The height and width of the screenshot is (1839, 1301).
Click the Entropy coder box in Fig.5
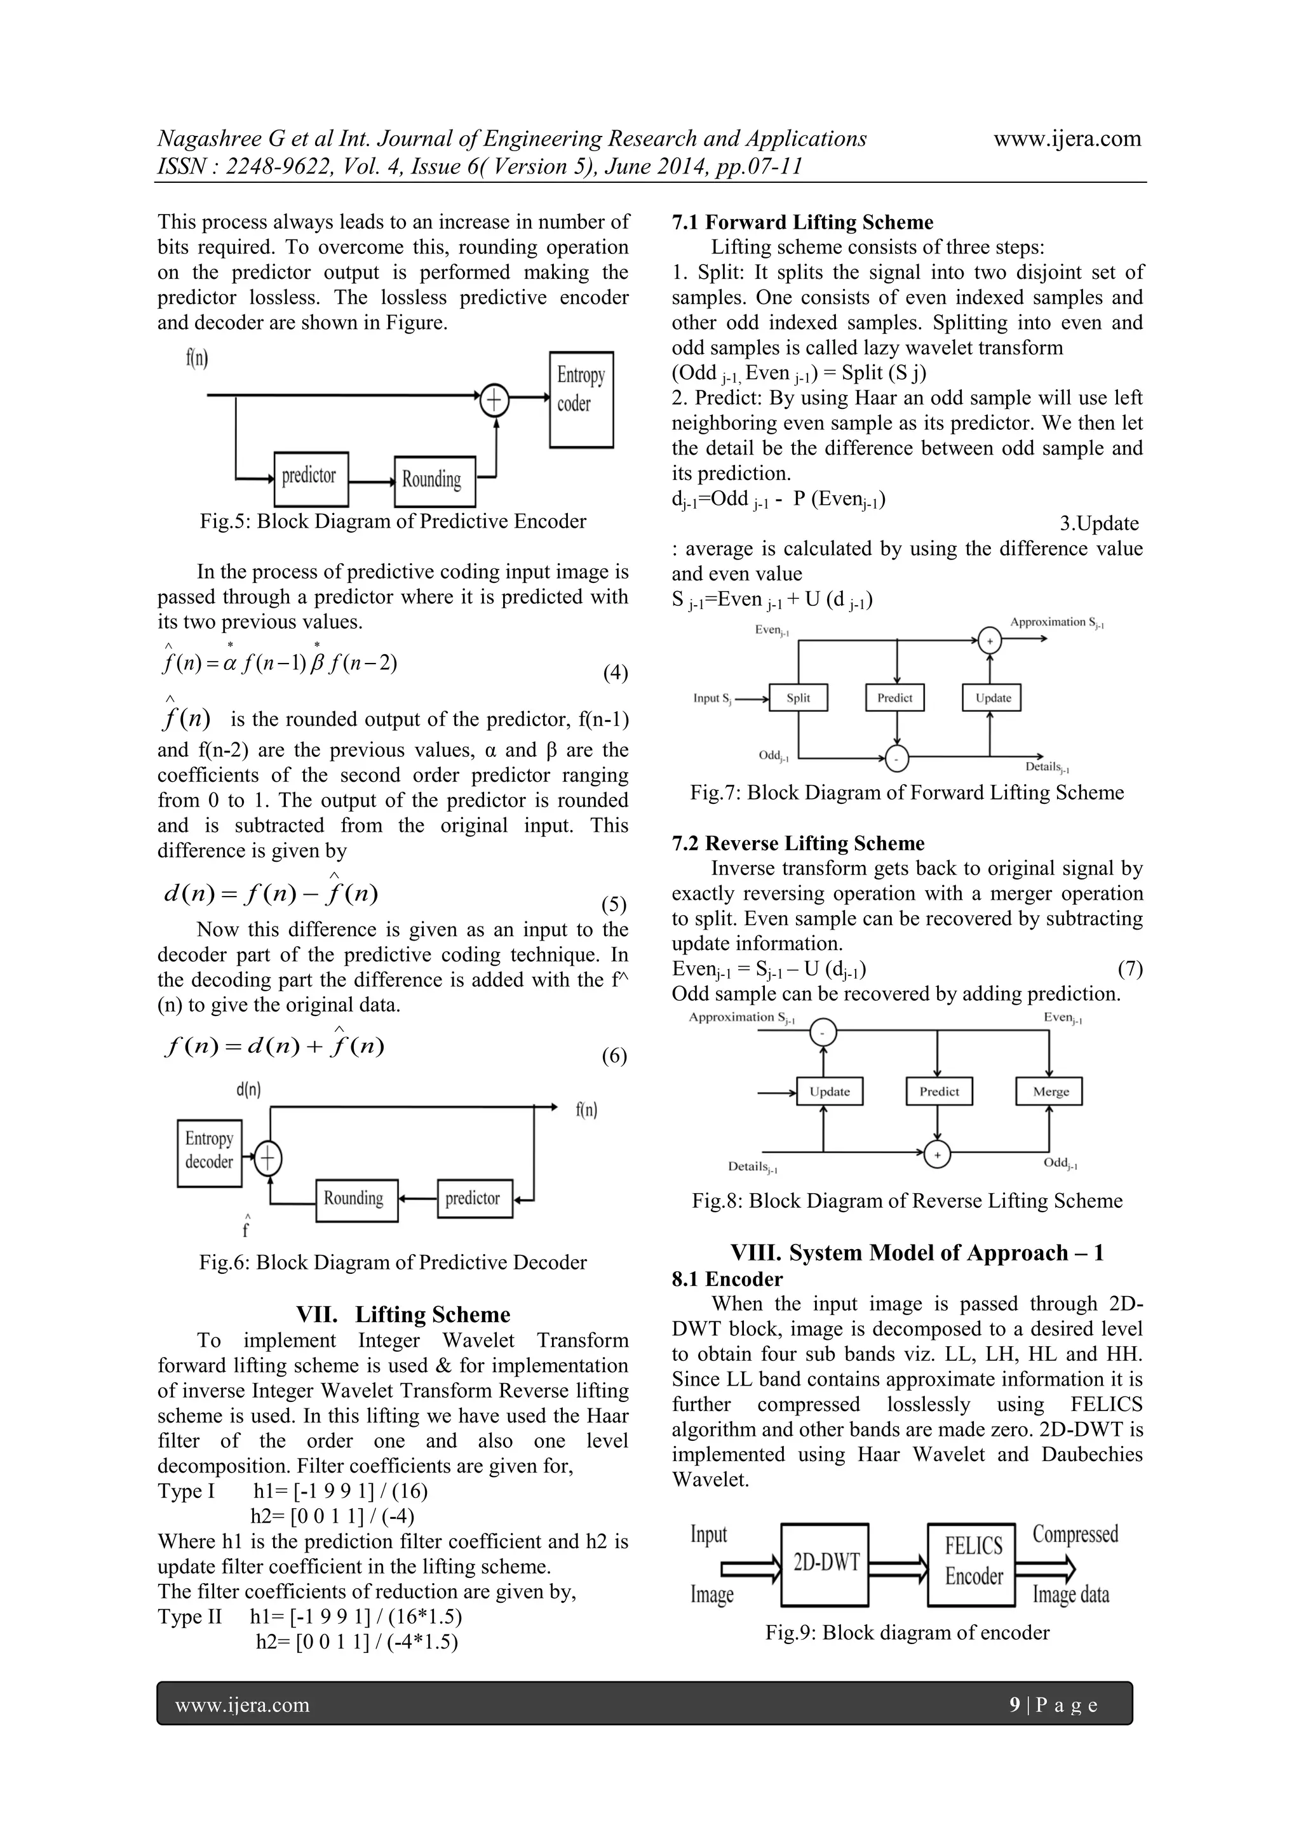[581, 399]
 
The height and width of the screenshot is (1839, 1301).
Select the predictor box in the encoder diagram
[311, 479]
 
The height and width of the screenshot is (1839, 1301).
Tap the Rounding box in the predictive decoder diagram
[356, 1200]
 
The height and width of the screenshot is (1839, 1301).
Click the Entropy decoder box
[209, 1153]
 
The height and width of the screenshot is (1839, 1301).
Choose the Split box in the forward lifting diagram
[798, 698]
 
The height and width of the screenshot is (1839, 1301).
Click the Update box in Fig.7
[992, 698]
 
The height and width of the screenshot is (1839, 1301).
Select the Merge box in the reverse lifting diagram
[1049, 1092]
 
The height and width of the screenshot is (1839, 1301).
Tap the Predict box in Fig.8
[939, 1092]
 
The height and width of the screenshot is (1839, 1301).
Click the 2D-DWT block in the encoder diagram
[825, 1564]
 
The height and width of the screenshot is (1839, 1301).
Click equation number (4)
[616, 673]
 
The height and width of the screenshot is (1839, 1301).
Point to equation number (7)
[1129, 969]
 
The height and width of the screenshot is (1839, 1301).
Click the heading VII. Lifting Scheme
[403, 1314]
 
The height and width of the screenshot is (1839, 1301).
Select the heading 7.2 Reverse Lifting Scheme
[798, 843]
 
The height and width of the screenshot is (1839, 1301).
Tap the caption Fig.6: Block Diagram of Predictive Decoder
[393, 1262]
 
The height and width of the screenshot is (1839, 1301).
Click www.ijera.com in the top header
[1067, 138]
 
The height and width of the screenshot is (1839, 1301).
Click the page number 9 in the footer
[1015, 1704]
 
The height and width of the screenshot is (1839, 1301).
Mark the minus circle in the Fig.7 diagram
[897, 757]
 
